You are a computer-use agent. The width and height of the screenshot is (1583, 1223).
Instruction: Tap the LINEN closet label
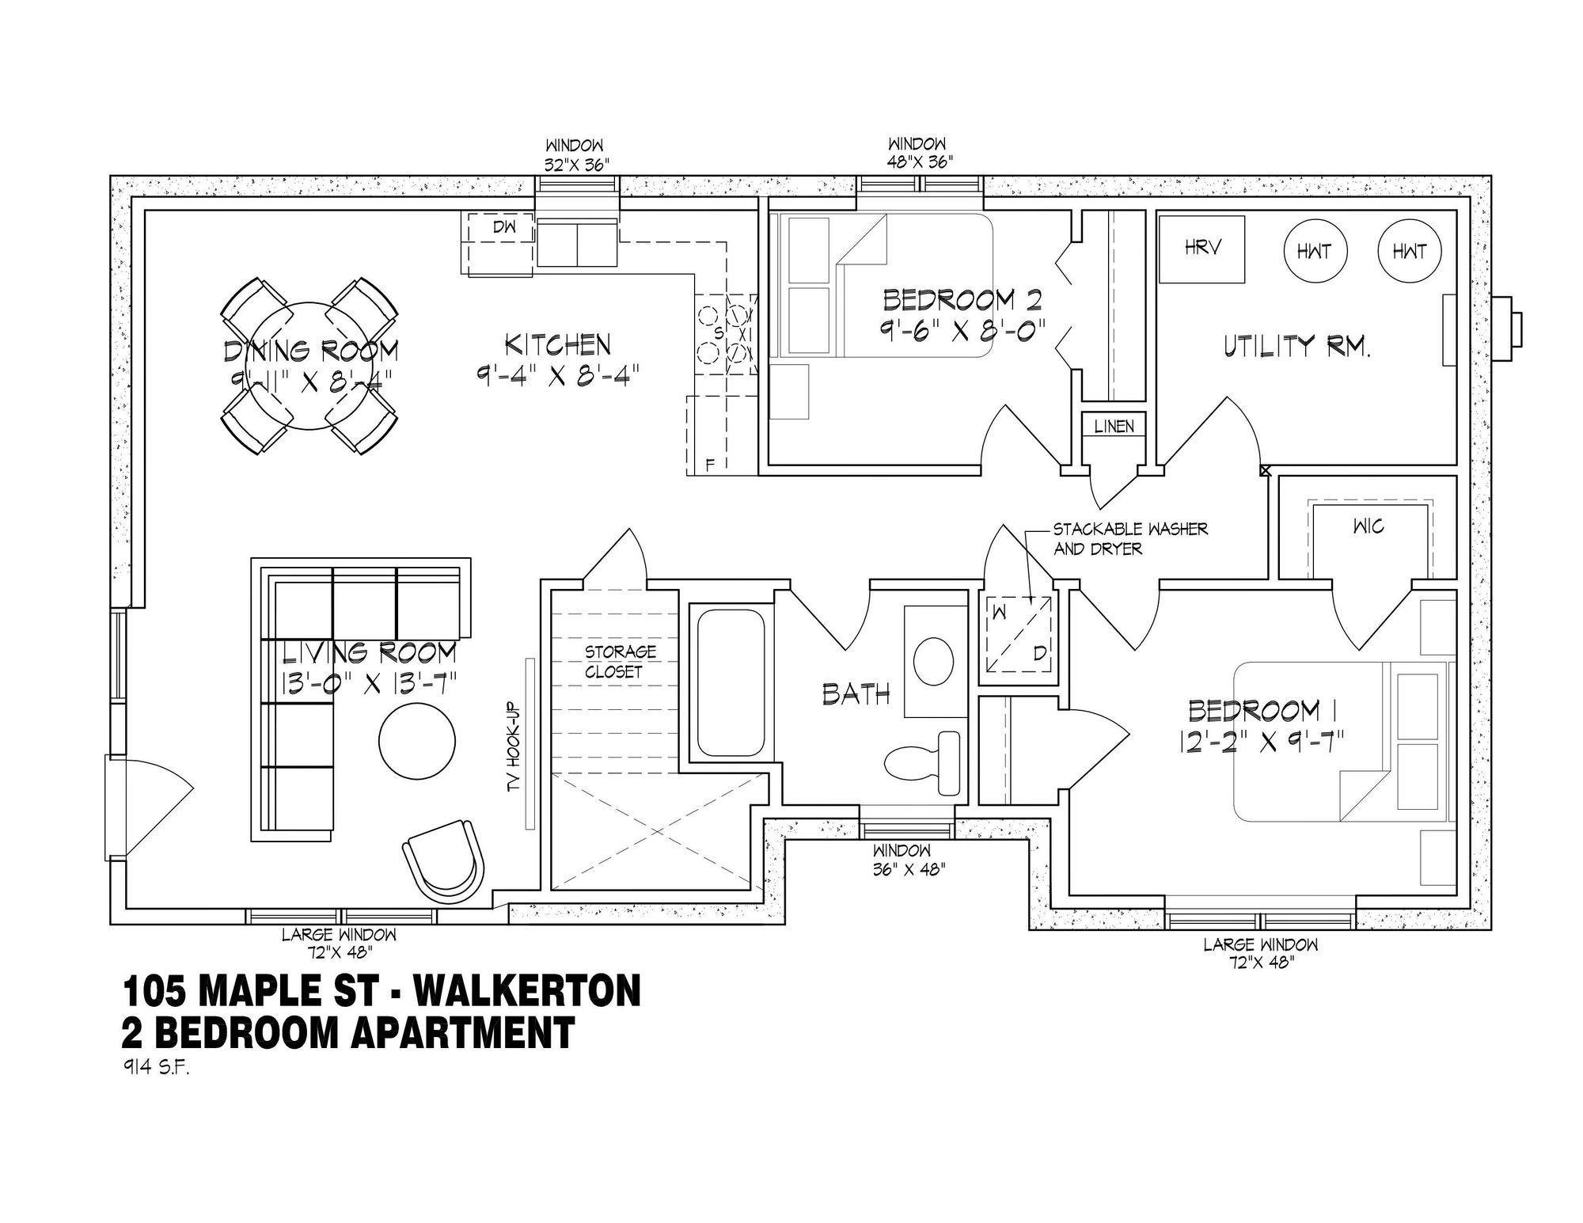pos(1114,426)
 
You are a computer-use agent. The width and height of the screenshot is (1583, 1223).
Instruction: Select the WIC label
pos(1369,526)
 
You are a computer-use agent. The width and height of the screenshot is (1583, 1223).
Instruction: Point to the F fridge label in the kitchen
pos(710,465)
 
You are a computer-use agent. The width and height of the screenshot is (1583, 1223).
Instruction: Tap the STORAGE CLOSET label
pos(621,662)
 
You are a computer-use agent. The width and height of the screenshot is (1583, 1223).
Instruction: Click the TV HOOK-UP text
pos(514,746)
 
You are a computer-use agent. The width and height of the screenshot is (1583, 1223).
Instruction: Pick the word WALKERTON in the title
pos(527,993)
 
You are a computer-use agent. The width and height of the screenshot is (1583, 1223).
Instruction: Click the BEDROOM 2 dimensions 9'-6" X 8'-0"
pos(962,329)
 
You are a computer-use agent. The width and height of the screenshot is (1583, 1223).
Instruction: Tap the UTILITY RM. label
pos(1296,347)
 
